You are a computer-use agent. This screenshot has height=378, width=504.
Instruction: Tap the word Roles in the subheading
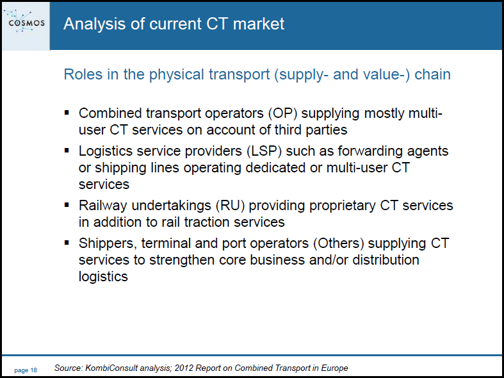tap(83, 74)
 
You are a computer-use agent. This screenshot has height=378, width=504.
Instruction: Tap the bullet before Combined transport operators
tap(67, 113)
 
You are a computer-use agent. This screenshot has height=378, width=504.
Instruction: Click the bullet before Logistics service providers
tap(67, 151)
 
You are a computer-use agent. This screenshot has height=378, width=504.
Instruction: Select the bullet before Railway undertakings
tap(67, 205)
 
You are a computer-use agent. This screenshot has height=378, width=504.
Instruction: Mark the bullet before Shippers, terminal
tap(67, 243)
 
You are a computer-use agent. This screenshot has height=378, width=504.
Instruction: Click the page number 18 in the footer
tap(26, 370)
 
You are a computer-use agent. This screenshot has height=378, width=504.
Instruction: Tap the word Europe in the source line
tap(337, 368)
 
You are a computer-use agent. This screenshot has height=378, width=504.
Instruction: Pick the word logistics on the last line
tap(103, 277)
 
